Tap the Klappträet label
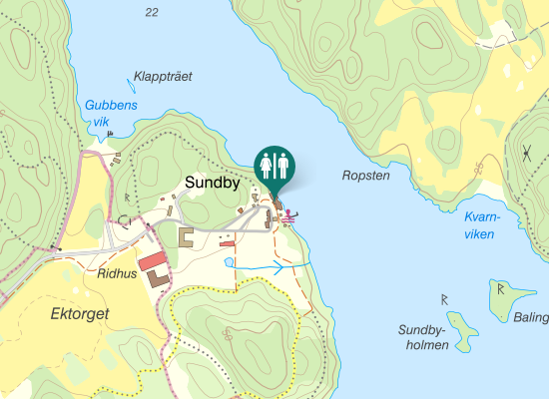(x=162, y=76)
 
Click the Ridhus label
(x=117, y=271)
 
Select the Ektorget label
(x=79, y=313)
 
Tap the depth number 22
(x=151, y=12)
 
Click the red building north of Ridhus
(x=153, y=261)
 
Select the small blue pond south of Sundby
(x=230, y=262)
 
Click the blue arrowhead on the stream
(x=278, y=267)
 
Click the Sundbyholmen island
(x=461, y=329)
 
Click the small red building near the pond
(x=226, y=242)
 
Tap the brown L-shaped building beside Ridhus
(x=159, y=278)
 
